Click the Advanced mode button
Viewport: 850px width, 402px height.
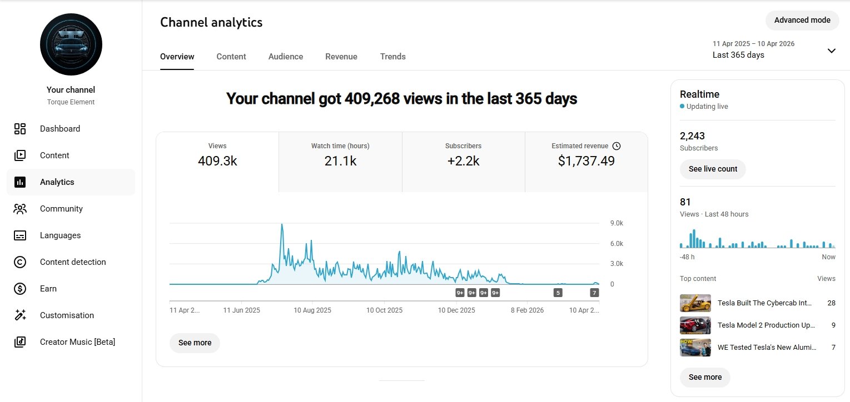[802, 20]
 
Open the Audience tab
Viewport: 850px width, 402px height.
[286, 57]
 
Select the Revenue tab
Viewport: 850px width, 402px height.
[341, 57]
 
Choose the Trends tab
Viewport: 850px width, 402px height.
[392, 57]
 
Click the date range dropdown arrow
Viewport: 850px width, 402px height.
[831, 51]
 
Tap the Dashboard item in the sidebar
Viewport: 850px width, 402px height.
[60, 129]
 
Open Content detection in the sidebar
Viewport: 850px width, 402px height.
[73, 262]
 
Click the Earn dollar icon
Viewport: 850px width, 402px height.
[20, 289]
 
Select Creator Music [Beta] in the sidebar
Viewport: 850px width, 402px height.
[77, 342]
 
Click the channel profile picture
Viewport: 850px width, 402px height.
[71, 44]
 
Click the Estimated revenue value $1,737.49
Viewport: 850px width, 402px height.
[586, 162]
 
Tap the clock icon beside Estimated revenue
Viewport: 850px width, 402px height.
[616, 146]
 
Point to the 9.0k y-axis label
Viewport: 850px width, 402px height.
[616, 223]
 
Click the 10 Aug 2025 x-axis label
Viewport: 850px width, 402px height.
[312, 310]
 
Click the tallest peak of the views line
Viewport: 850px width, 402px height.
[282, 225]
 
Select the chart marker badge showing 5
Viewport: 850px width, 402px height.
[558, 293]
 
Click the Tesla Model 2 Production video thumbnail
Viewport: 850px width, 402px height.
[695, 325]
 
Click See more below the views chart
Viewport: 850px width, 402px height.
[195, 343]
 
